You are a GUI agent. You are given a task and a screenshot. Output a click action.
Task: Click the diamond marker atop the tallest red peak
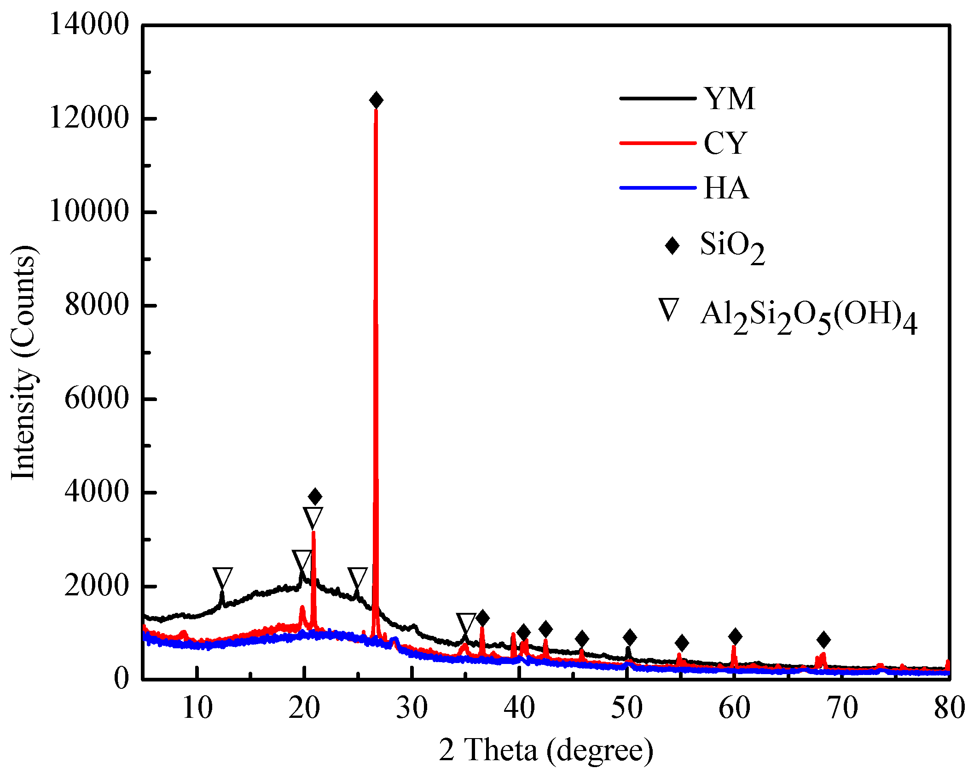(376, 100)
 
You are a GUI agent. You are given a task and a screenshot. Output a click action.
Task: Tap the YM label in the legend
(730, 99)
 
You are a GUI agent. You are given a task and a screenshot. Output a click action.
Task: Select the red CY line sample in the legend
(657, 143)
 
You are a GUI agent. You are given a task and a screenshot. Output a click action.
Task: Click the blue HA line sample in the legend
(657, 188)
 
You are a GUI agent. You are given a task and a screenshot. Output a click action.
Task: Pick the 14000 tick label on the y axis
(89, 24)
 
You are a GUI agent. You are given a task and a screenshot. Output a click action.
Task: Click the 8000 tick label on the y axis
(97, 305)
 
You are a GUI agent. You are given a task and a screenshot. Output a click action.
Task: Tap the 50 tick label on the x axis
(626, 708)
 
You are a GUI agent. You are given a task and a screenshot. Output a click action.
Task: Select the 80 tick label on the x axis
(950, 708)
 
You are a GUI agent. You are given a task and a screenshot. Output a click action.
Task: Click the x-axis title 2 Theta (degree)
(546, 750)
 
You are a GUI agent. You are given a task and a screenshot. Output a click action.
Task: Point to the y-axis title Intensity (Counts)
(23, 363)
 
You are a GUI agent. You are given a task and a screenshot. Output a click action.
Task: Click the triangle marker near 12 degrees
(222, 577)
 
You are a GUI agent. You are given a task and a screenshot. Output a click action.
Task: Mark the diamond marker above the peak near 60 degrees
(735, 637)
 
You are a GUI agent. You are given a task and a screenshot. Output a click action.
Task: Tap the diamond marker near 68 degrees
(823, 640)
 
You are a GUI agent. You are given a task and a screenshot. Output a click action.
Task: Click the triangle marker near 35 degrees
(466, 623)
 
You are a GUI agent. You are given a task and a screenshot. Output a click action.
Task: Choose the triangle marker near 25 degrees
(357, 577)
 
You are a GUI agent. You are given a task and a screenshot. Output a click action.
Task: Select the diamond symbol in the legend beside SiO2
(672, 245)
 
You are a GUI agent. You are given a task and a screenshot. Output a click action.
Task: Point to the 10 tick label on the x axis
(197, 708)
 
